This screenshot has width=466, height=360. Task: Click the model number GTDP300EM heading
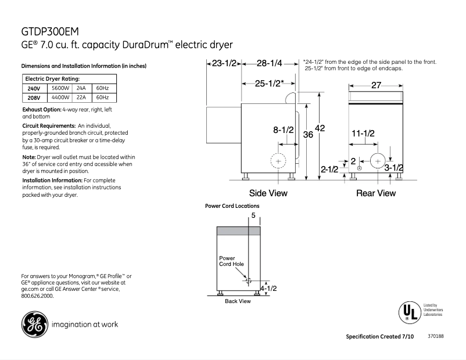[51, 31]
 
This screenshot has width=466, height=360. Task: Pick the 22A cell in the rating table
[81, 98]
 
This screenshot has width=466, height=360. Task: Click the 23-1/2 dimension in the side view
[224, 63]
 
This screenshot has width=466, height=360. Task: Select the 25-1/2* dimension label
[269, 83]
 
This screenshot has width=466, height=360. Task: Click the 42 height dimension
[320, 128]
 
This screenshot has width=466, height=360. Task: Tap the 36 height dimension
[308, 134]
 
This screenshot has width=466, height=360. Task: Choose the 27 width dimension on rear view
[376, 85]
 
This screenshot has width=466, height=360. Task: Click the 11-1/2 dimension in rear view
[363, 134]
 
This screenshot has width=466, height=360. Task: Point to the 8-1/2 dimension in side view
[284, 131]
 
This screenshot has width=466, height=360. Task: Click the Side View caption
[268, 193]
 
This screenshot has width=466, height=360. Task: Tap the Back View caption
[238, 301]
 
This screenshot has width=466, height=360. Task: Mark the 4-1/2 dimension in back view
[268, 288]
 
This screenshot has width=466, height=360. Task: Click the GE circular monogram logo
[35, 325]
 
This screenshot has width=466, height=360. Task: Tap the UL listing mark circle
[409, 312]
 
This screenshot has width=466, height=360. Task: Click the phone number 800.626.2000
[37, 296]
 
